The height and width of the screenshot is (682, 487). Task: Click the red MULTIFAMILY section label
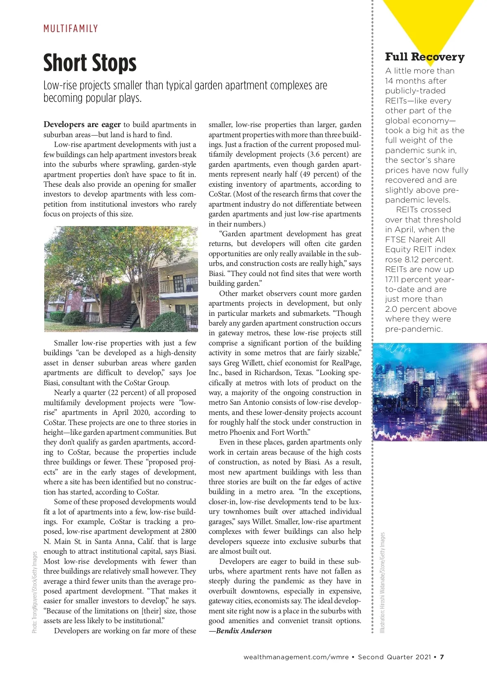click(71, 29)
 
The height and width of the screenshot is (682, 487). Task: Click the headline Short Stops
click(90, 63)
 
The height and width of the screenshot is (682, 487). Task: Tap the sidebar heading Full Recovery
click(425, 57)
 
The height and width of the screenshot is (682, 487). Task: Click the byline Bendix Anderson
click(243, 631)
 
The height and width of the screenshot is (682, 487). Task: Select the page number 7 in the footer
click(442, 657)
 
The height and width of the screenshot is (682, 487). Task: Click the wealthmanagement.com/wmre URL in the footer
click(296, 657)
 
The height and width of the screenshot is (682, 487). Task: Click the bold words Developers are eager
click(82, 125)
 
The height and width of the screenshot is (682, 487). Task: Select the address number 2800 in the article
click(188, 531)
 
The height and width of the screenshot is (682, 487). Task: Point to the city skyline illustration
click(429, 392)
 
